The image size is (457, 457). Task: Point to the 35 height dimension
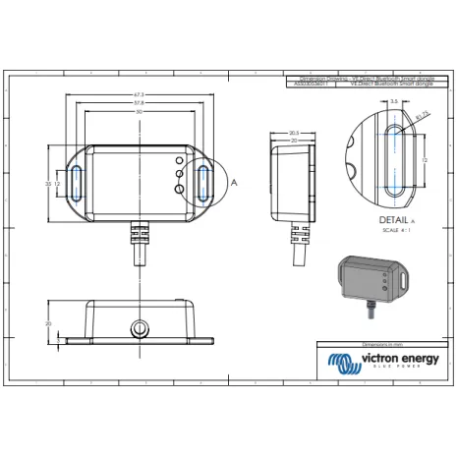(49, 184)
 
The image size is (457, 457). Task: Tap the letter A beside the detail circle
(233, 182)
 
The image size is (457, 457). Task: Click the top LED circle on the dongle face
(180, 161)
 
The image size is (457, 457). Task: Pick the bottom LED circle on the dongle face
(180, 193)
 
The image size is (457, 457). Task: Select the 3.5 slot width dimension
(392, 100)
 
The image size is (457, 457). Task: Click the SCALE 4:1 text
(392, 232)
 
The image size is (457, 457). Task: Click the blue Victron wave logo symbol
(345, 365)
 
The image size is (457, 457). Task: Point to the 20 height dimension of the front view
(48, 322)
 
